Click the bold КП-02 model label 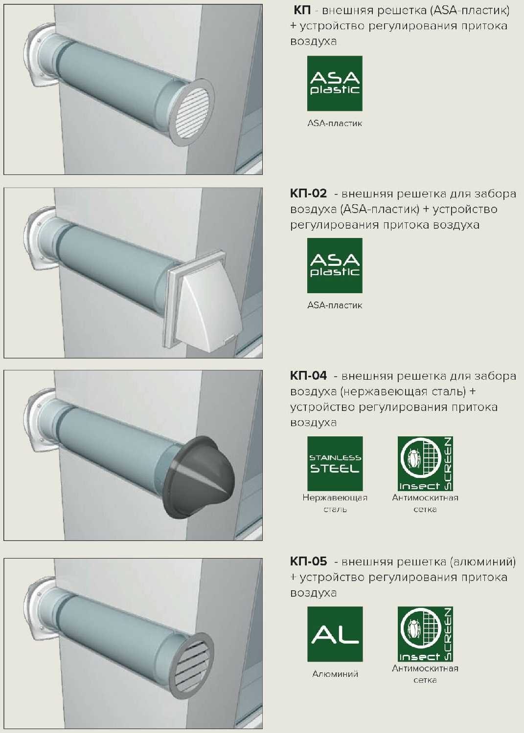click(x=308, y=194)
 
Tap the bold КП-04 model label click(x=308, y=376)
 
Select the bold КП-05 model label click(x=308, y=561)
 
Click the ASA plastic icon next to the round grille click(x=335, y=84)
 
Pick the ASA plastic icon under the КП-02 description click(x=335, y=265)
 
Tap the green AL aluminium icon click(x=335, y=634)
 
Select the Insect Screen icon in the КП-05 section click(x=425, y=634)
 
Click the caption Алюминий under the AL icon click(x=335, y=674)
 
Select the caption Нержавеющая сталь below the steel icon click(x=335, y=503)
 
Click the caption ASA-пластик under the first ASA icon click(x=335, y=123)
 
